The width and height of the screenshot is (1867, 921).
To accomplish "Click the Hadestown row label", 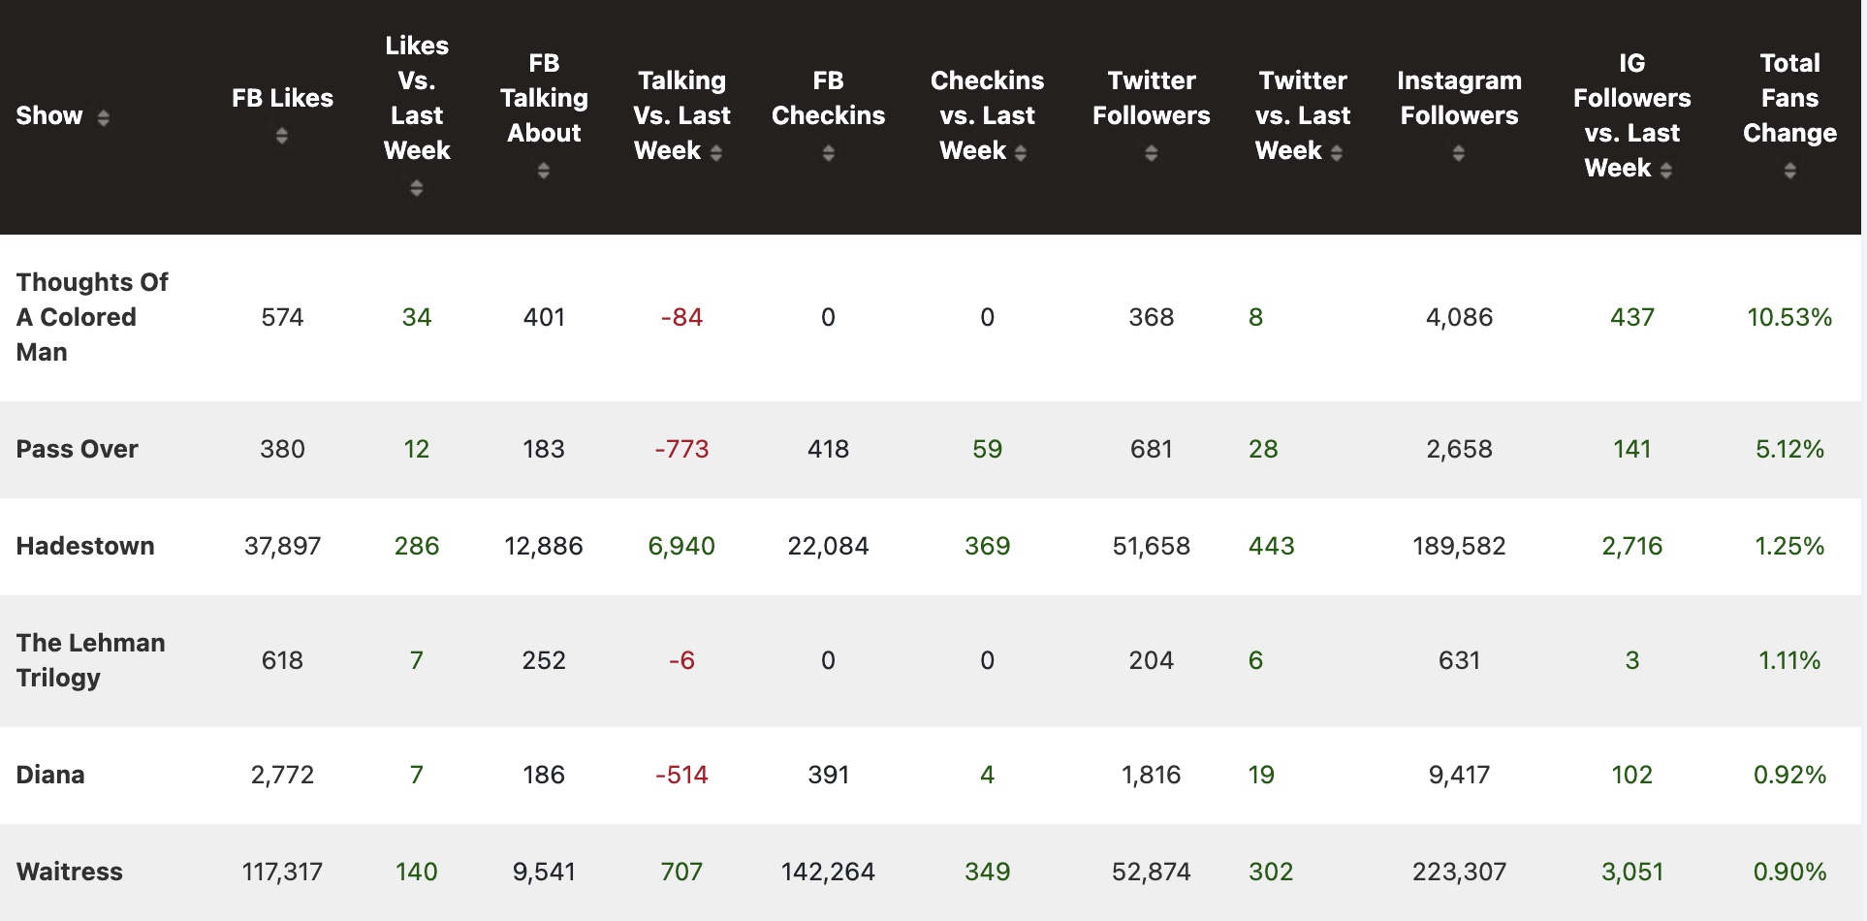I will [85, 546].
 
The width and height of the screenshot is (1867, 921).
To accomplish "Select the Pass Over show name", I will [78, 449].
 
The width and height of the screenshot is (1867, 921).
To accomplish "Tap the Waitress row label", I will [70, 872].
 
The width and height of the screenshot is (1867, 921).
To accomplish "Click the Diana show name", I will [50, 775].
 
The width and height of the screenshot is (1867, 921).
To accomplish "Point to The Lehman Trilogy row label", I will [91, 660].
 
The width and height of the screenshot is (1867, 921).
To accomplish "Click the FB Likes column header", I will [282, 98].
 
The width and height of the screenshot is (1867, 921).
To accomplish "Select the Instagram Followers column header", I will [1459, 98].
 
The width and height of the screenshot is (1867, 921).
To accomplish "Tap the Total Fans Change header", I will [1789, 98].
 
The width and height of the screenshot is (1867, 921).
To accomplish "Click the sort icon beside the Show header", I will [103, 117].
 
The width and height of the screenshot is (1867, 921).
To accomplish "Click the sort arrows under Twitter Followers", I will [1152, 153].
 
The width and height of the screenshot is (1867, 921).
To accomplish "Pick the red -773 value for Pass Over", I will [681, 449].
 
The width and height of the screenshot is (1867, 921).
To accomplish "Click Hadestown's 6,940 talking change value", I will [681, 546].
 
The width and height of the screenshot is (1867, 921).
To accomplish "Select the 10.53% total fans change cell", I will [1789, 317].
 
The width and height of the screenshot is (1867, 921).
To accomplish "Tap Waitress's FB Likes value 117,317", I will [282, 872].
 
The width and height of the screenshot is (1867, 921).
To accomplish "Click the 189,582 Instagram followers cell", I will [1459, 546].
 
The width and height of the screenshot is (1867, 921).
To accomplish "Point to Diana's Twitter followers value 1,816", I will [1152, 775].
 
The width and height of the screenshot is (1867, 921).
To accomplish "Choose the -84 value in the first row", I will [681, 317].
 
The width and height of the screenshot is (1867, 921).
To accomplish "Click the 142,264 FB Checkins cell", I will [828, 872].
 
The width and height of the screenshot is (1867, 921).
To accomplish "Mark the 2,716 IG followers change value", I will [1631, 546].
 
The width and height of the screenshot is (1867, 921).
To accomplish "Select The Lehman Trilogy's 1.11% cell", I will [1789, 660].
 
